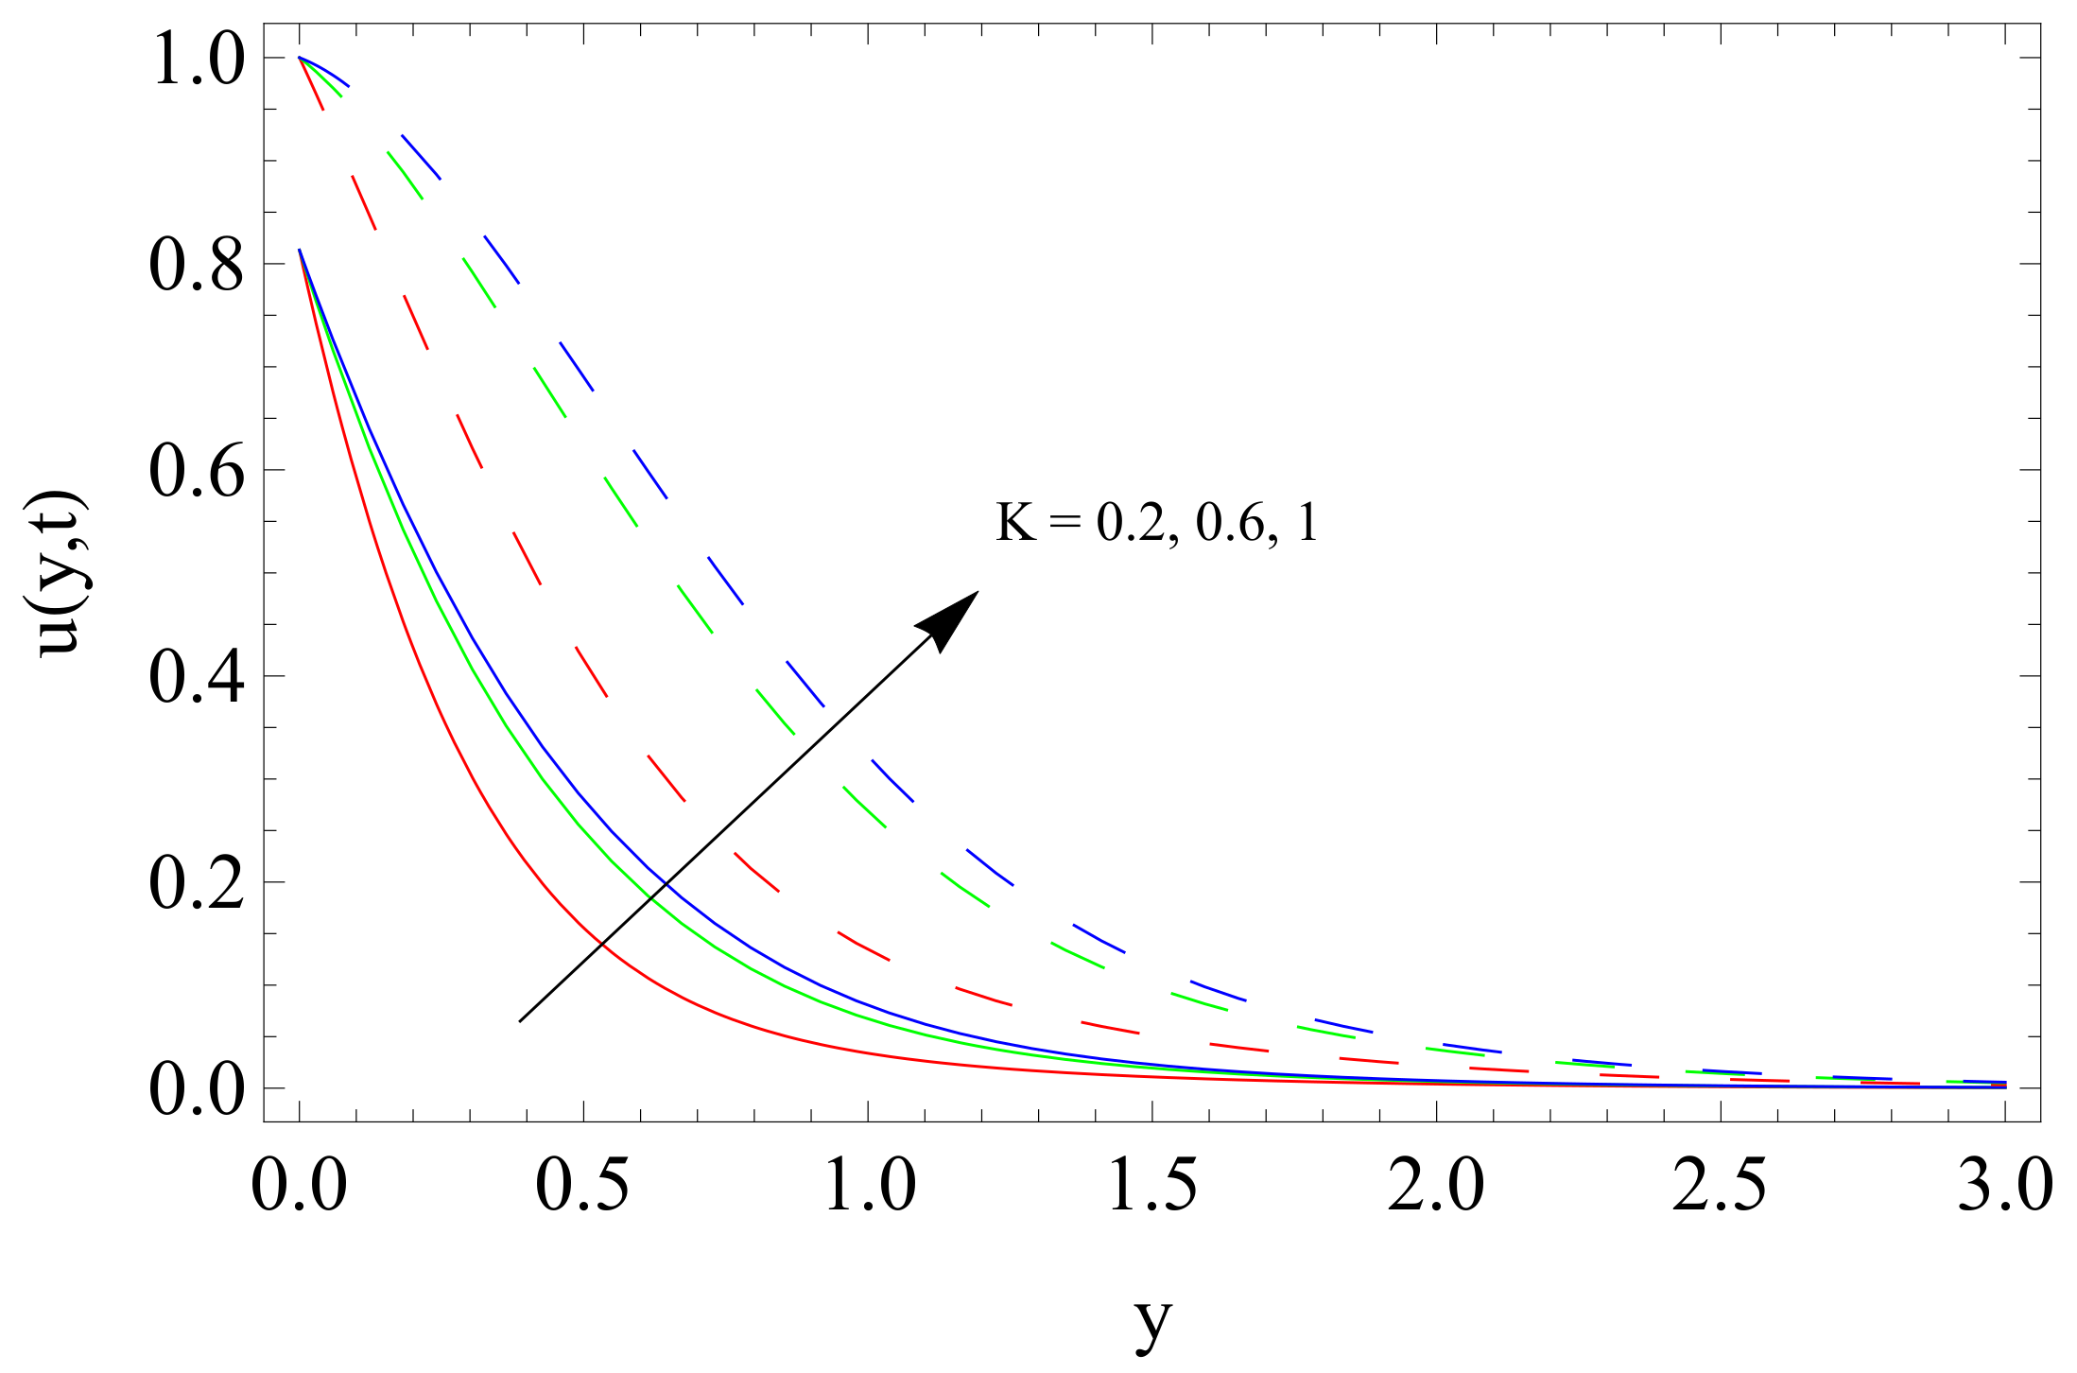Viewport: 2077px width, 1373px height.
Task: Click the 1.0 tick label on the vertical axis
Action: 197,59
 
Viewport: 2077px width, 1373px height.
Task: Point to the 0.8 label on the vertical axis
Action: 197,265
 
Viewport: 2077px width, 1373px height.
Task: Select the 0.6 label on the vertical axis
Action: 197,471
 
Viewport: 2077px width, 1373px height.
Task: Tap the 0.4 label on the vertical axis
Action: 197,677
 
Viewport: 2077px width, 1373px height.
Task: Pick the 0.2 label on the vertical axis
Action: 197,883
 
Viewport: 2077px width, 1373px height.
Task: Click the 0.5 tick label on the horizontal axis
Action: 582,1184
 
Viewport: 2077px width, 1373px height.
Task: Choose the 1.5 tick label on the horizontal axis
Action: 1151,1184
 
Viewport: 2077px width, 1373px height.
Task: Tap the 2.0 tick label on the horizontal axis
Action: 1436,1184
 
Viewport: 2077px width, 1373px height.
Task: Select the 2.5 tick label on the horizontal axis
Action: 1720,1184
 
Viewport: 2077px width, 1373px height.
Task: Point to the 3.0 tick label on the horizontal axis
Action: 2004,1184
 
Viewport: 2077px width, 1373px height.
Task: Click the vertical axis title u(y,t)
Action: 62,574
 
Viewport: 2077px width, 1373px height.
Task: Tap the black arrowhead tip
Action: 977,593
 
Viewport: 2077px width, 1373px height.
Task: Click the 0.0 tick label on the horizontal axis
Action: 299,1184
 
